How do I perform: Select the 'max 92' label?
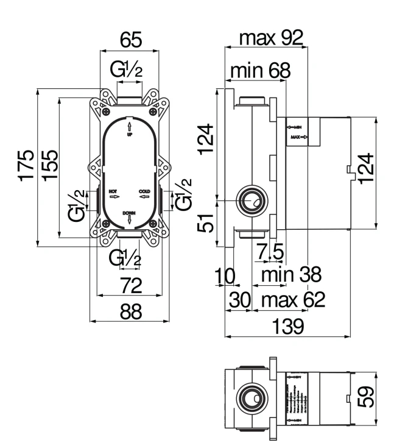pyautogui.click(x=270, y=39)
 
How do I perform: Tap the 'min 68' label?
pyautogui.click(x=260, y=71)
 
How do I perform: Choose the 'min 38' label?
pyautogui.click(x=290, y=276)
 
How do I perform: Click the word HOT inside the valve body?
pyautogui.click(x=113, y=191)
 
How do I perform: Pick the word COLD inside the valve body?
pyautogui.click(x=144, y=191)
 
